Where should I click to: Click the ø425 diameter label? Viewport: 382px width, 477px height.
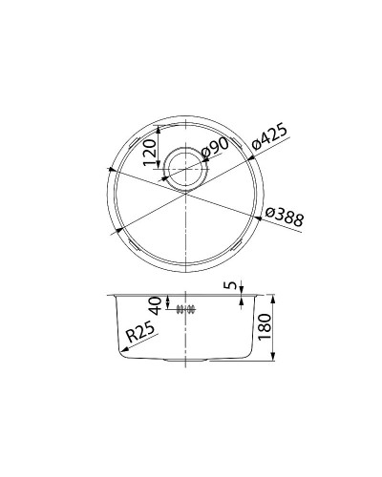click(270, 138)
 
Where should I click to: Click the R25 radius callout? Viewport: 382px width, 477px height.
click(139, 335)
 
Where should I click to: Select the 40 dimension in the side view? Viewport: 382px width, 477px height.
click(156, 307)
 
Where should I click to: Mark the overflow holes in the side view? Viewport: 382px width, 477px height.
click(185, 308)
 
